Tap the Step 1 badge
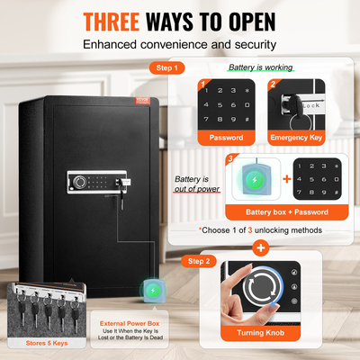[x=166, y=67]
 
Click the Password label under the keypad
[x=227, y=138]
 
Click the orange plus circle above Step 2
[x=262, y=247]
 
